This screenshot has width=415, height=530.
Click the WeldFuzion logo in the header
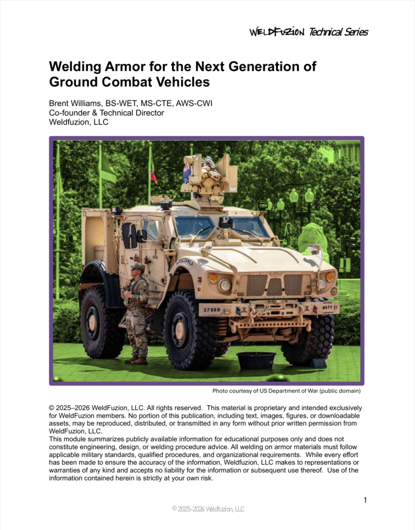pos(277,32)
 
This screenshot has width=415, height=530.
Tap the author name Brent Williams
pos(78,103)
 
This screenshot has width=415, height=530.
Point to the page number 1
pos(365,500)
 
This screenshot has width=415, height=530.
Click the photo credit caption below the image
pos(286,391)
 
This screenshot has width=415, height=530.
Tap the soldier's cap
pos(138,267)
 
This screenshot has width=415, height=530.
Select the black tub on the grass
pos(256,360)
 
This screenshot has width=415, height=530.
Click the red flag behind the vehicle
pos(153,176)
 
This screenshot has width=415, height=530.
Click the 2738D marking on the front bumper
pos(212,310)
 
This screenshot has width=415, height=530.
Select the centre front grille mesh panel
pos(274,286)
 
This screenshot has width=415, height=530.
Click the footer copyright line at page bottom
pos(208,509)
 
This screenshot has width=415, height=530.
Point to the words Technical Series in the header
pos(339,32)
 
